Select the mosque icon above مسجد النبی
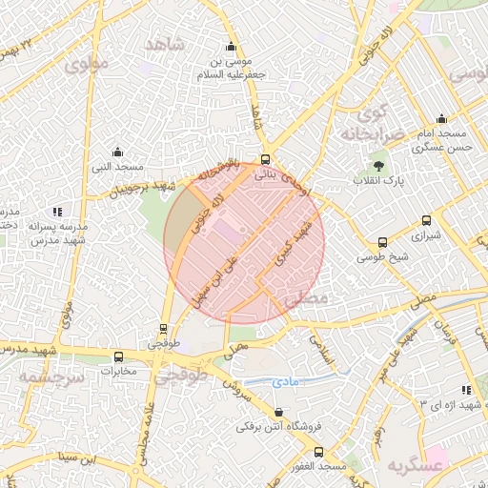tap(117, 152)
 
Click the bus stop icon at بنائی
tap(265, 160)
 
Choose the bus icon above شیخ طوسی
tap(382, 243)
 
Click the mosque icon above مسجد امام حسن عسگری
tap(441, 119)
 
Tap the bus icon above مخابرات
tap(118, 356)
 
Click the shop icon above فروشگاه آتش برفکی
tap(278, 412)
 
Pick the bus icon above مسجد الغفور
tap(318, 452)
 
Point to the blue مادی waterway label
tap(285, 381)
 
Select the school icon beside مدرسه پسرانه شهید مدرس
tap(58, 212)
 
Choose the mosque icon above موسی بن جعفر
tap(230, 47)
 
